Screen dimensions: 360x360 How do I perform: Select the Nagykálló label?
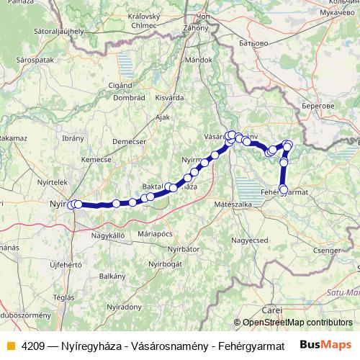coord(108,235)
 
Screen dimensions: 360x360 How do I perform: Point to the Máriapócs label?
coord(158,233)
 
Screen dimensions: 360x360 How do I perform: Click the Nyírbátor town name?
coord(181,248)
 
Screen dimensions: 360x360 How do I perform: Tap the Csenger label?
coord(326,250)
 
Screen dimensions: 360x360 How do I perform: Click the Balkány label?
coord(112,276)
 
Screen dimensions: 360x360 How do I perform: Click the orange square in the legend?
coord(11,346)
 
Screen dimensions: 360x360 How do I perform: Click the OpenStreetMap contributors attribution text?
coord(297,323)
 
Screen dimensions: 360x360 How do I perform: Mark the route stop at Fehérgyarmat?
coord(283,190)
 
